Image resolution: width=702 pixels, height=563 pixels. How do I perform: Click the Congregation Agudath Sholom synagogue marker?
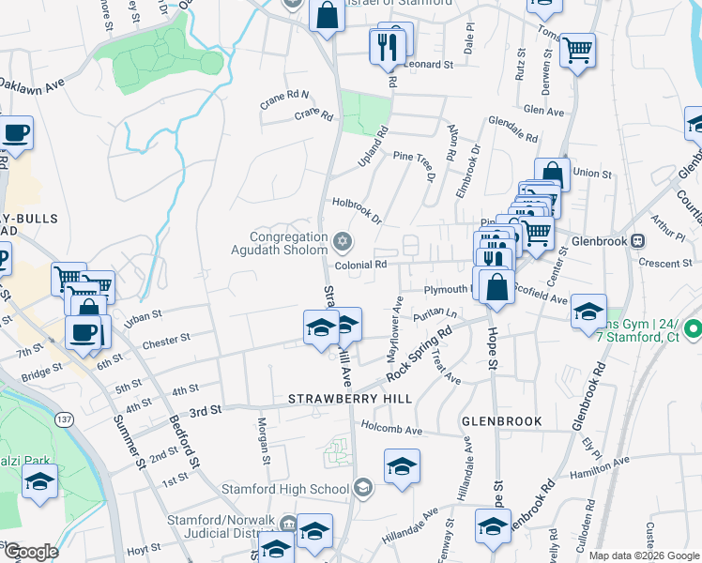(343, 243)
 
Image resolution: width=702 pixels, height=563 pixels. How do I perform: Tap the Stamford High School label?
(285, 489)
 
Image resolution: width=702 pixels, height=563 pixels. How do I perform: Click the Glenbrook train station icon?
(639, 241)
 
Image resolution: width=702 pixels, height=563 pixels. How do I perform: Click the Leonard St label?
(429, 65)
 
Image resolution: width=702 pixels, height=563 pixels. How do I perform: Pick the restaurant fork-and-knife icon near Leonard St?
(389, 47)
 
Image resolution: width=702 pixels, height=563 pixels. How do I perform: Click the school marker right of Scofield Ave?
(588, 312)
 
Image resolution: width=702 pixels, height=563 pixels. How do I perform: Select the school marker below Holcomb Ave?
(402, 468)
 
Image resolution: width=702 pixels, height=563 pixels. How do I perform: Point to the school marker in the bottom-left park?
(39, 484)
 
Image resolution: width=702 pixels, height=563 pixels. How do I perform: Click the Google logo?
(30, 552)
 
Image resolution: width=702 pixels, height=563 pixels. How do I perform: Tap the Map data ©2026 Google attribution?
(643, 555)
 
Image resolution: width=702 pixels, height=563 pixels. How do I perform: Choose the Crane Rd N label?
(284, 99)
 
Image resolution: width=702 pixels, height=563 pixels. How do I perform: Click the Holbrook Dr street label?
(356, 211)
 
